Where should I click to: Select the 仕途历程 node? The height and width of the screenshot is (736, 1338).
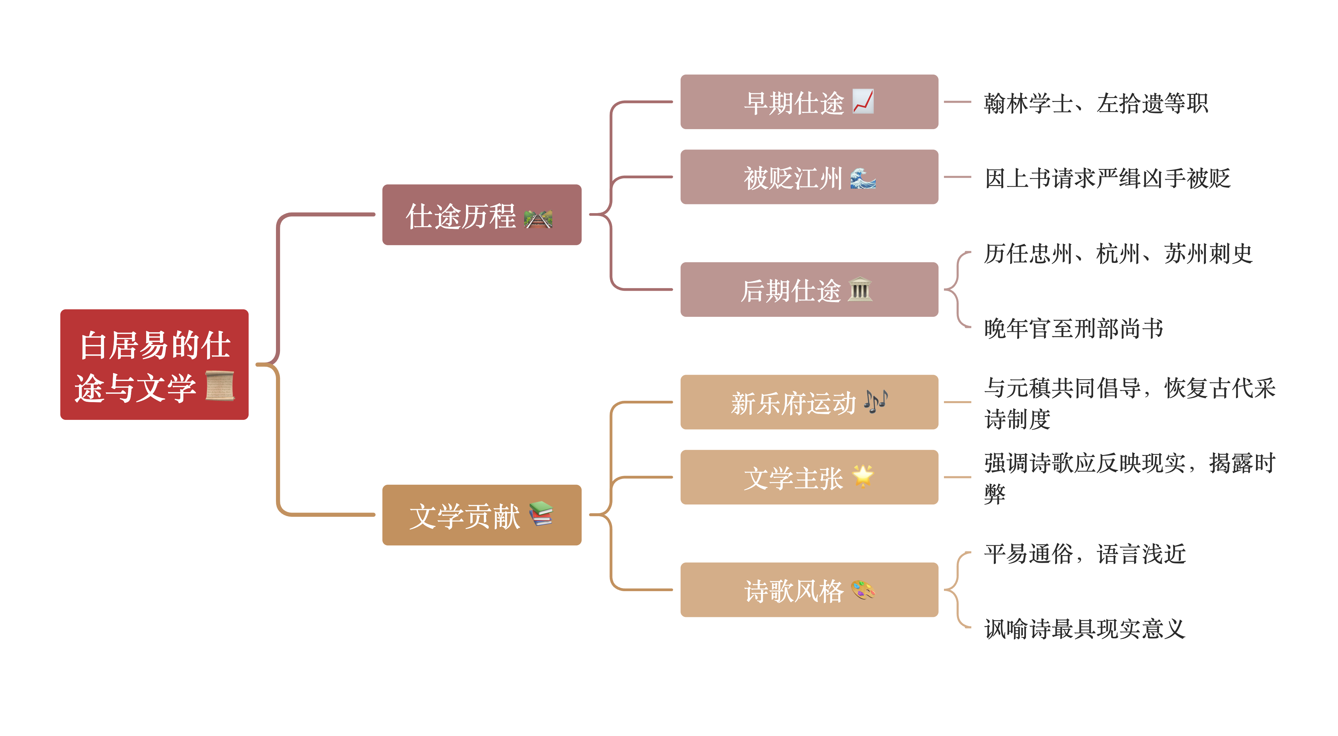pos(481,214)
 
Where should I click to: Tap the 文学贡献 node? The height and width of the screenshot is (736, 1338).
pos(481,515)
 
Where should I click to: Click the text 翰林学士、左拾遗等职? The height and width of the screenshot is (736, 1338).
pos(1095,103)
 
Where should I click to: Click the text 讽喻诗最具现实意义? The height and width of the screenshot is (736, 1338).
pos(1084,629)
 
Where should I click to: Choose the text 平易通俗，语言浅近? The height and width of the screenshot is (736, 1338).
pos(1084,554)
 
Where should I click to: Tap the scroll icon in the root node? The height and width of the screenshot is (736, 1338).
pos(220,386)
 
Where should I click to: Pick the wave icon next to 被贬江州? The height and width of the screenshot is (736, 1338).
pos(863,178)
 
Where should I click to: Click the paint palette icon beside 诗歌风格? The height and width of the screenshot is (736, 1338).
pos(863,590)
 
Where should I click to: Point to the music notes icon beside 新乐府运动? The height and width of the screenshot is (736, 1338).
pos(876,401)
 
